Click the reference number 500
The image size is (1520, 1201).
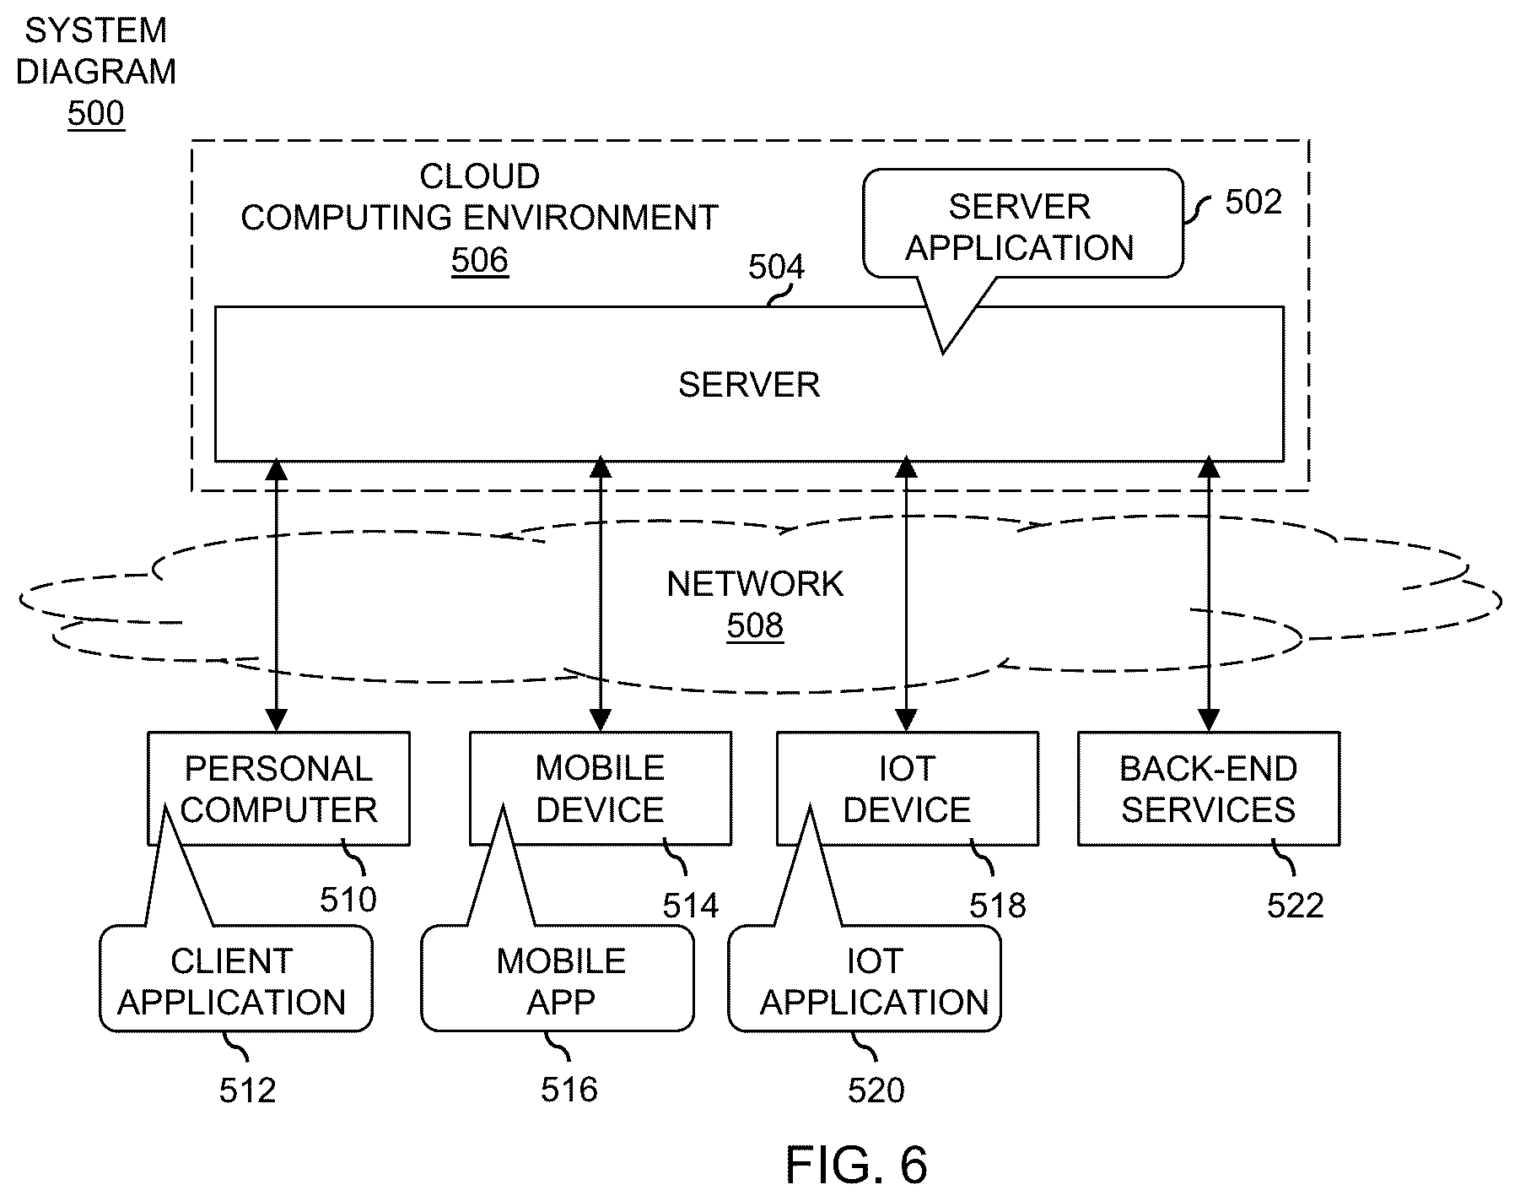coord(96,113)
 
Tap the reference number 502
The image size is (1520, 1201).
coord(1253,202)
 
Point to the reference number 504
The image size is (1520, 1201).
coord(776,268)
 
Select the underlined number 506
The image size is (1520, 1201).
coord(480,260)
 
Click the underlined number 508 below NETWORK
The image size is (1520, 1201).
coord(755,625)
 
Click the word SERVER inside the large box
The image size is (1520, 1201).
coord(749,385)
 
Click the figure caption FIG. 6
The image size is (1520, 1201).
coord(856,1166)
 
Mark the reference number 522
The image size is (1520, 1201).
coord(1296,906)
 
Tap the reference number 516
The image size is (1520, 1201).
coord(569,1090)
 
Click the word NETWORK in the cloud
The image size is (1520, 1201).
coord(755,584)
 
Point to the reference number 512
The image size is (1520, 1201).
coord(248,1091)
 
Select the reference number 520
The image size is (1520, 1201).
coord(876,1091)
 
